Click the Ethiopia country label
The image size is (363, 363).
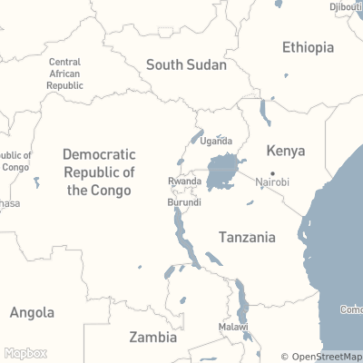(x=308, y=47)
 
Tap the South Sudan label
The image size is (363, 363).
(x=186, y=64)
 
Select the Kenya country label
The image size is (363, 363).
(x=285, y=151)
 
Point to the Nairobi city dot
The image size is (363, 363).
(x=272, y=172)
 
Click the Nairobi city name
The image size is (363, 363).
(x=272, y=182)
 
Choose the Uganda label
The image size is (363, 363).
(x=216, y=141)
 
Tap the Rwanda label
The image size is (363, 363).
(x=184, y=181)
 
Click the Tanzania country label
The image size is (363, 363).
(x=247, y=237)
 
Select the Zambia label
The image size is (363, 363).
(x=152, y=337)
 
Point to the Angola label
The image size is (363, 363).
(x=32, y=313)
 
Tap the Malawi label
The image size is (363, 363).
(x=233, y=327)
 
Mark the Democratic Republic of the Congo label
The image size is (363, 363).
(x=99, y=172)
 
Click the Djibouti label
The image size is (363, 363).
(x=346, y=6)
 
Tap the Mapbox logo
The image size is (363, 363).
(x=25, y=353)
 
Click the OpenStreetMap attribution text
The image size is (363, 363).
(x=321, y=357)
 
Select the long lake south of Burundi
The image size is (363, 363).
(x=181, y=232)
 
